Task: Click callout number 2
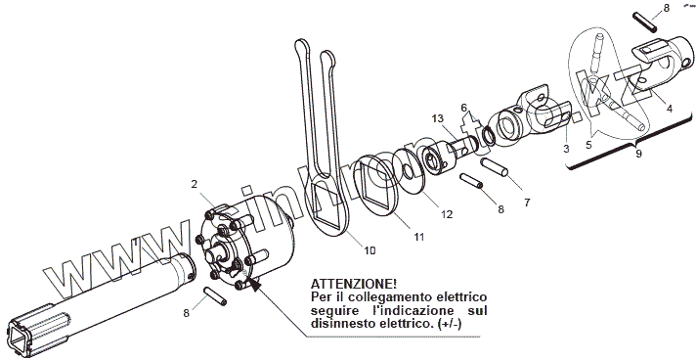point(194,184)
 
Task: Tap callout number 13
point(437,118)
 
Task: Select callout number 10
point(370,250)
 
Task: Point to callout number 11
point(419,237)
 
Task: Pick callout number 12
point(447,214)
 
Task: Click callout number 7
point(527,203)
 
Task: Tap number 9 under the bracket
point(638,154)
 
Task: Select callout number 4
point(670,108)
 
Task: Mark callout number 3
point(566,149)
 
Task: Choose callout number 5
point(588,145)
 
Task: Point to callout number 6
point(464,108)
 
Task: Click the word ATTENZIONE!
point(354,284)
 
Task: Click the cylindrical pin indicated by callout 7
point(494,167)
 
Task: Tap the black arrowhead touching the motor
point(253,284)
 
